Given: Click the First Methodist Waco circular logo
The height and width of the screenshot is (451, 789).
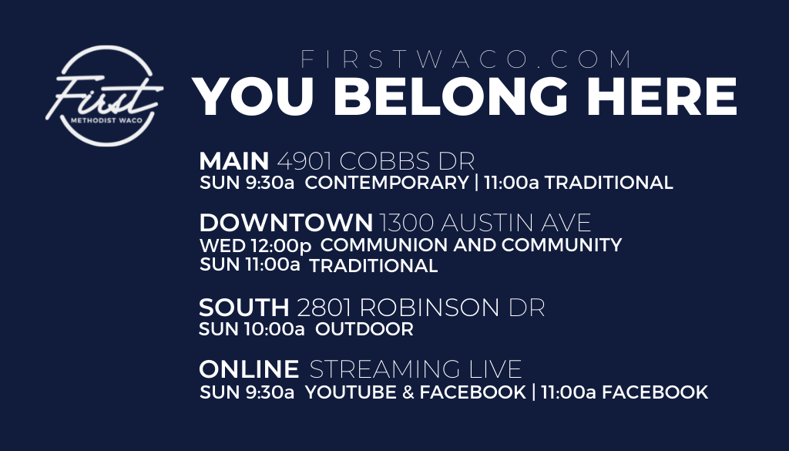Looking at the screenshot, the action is pyautogui.click(x=105, y=96).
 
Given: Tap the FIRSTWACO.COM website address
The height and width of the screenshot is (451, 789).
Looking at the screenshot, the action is pyautogui.click(x=466, y=59).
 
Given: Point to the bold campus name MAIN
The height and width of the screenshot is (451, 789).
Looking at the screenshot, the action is pyautogui.click(x=234, y=161).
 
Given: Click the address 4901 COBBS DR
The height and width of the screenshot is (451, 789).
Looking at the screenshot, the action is pyautogui.click(x=376, y=161).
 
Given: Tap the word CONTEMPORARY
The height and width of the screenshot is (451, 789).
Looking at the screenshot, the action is pyautogui.click(x=387, y=182).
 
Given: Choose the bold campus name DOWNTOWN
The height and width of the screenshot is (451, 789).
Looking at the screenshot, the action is pyautogui.click(x=286, y=223).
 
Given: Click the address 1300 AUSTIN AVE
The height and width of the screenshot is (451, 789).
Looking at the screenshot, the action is pyautogui.click(x=485, y=223).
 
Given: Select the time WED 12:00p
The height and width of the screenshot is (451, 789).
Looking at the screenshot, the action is pyautogui.click(x=256, y=246).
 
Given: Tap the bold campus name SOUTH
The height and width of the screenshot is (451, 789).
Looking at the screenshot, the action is pyautogui.click(x=244, y=308).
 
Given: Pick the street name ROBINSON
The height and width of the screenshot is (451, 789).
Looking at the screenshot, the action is pyautogui.click(x=430, y=308).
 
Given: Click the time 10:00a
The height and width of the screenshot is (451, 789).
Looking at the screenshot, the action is pyautogui.click(x=274, y=329).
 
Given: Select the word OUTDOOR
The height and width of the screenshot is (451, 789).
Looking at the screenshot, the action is pyautogui.click(x=364, y=329).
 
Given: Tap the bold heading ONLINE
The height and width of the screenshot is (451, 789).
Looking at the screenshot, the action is pyautogui.click(x=249, y=369).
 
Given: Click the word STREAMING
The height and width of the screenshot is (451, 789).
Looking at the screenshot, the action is pyautogui.click(x=384, y=369).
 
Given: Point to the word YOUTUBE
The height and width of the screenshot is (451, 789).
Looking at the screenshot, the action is pyautogui.click(x=351, y=392).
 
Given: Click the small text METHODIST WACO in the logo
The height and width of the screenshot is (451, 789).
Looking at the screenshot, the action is pyautogui.click(x=106, y=121).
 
